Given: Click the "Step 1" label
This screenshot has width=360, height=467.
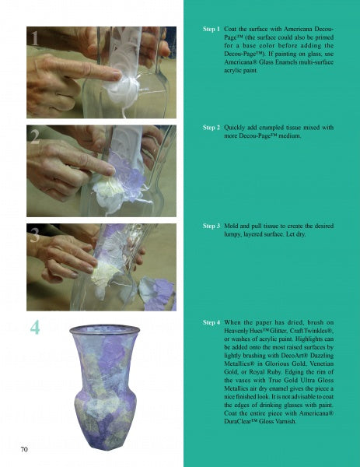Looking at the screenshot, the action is (211, 30).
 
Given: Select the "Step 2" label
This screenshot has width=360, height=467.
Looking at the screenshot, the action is (211, 128).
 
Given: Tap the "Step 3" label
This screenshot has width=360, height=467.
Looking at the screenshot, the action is (211, 226).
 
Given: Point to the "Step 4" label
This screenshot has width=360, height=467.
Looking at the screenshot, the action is (211, 322).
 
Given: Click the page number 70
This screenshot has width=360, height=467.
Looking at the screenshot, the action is (24, 449).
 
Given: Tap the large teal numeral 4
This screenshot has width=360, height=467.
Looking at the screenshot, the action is (35, 328).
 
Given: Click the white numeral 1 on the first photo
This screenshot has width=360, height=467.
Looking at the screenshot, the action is (35, 38).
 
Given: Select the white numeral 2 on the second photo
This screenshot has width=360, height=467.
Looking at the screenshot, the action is (35, 137).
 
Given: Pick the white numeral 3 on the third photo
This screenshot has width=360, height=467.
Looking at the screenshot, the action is (35, 235).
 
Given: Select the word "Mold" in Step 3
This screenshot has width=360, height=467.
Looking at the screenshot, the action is (230, 226).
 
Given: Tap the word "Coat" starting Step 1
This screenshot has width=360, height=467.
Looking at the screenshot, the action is (229, 30).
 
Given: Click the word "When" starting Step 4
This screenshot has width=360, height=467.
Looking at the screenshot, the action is (232, 322).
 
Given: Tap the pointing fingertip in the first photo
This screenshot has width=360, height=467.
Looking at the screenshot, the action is (117, 76).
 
